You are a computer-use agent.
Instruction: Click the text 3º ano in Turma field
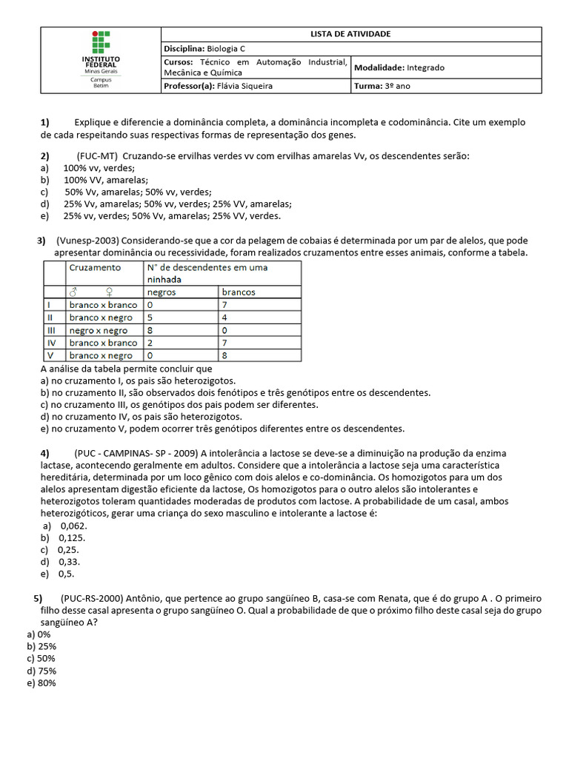coord(397,86)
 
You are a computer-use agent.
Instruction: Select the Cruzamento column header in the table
coord(95,267)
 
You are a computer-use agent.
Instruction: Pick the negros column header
coord(162,292)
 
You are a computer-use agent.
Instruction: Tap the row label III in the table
coord(51,330)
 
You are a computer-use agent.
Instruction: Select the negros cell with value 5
coord(150,318)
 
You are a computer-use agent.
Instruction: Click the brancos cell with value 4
coord(224,318)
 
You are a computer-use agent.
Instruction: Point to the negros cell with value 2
coord(150,343)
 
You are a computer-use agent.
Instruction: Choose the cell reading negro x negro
coord(98,330)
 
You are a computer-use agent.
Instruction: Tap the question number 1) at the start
coord(44,121)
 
